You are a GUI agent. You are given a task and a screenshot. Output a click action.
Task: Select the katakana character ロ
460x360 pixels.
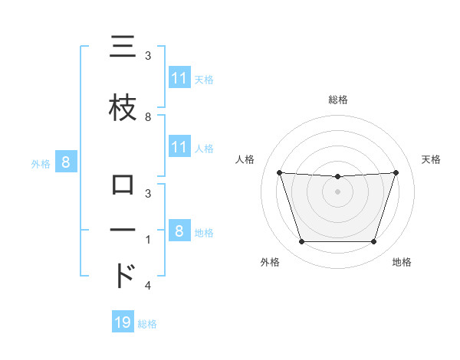122,186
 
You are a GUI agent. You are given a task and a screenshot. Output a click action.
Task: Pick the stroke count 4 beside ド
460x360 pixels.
148,286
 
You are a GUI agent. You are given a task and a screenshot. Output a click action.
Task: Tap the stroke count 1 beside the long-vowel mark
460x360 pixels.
148,239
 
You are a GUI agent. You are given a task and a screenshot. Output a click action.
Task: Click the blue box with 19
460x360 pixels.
123,322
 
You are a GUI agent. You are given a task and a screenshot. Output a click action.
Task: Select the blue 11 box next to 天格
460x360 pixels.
179,78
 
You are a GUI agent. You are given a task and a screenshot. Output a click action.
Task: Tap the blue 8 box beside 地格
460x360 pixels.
179,231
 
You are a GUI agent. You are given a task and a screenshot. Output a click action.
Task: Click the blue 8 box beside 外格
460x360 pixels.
66,162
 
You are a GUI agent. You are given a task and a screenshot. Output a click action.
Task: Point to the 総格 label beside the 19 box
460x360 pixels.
147,324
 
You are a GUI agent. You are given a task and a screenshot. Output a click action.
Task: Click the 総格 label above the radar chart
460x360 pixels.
338,100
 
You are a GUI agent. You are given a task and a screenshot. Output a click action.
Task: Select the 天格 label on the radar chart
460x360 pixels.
431,159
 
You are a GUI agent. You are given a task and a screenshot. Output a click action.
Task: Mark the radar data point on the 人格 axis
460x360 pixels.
279,173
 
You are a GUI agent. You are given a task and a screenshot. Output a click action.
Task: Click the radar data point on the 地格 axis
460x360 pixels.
373,242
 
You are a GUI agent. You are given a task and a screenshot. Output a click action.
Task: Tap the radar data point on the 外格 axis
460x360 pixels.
301,242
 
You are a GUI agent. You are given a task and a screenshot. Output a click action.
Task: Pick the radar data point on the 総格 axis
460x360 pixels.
337,177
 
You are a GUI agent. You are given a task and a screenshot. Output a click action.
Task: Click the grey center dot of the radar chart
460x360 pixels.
337,191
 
